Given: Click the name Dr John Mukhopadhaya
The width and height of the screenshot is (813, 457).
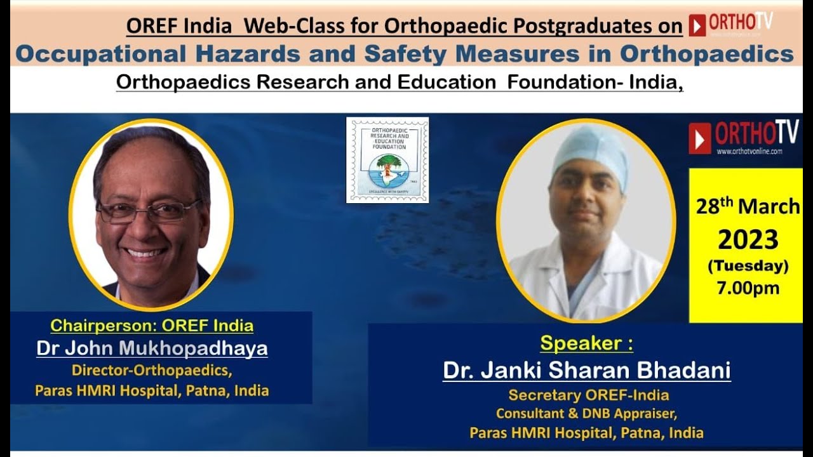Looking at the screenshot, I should pyautogui.click(x=152, y=348).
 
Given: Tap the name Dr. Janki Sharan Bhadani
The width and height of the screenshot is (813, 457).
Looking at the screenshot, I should pyautogui.click(x=586, y=370).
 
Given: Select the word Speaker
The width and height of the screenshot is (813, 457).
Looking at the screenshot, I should pyautogui.click(x=582, y=343).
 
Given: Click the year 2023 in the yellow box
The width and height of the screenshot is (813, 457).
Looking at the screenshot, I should pyautogui.click(x=748, y=240).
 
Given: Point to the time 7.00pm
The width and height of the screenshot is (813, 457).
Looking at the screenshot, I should pyautogui.click(x=748, y=288).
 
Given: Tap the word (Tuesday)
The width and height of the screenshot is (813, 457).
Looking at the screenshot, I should pyautogui.click(x=748, y=265).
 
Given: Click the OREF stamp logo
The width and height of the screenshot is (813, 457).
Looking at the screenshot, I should pyautogui.click(x=387, y=160).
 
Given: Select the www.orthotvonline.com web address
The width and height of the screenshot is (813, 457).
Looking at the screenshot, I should pyautogui.click(x=749, y=152).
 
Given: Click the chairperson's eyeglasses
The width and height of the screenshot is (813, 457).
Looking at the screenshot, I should pyautogui.click(x=148, y=211).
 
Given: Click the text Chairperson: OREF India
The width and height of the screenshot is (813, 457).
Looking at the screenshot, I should pyautogui.click(x=152, y=326).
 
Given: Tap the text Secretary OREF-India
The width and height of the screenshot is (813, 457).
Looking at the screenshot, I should pyautogui.click(x=588, y=395).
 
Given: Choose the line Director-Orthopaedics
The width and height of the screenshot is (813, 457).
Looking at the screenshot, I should pyautogui.click(x=152, y=370).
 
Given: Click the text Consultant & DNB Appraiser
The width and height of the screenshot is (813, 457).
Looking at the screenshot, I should pyautogui.click(x=586, y=414).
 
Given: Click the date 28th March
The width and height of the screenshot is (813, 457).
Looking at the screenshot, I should pyautogui.click(x=748, y=207).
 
